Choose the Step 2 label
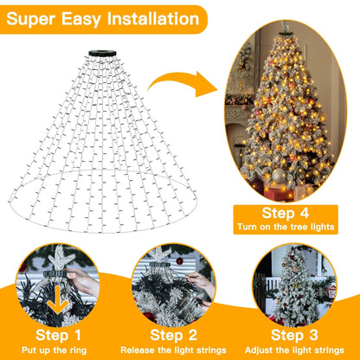pyautogui.click(x=175, y=334)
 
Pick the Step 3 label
pyautogui.click(x=293, y=334)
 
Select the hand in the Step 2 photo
pyautogui.click(x=202, y=281)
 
